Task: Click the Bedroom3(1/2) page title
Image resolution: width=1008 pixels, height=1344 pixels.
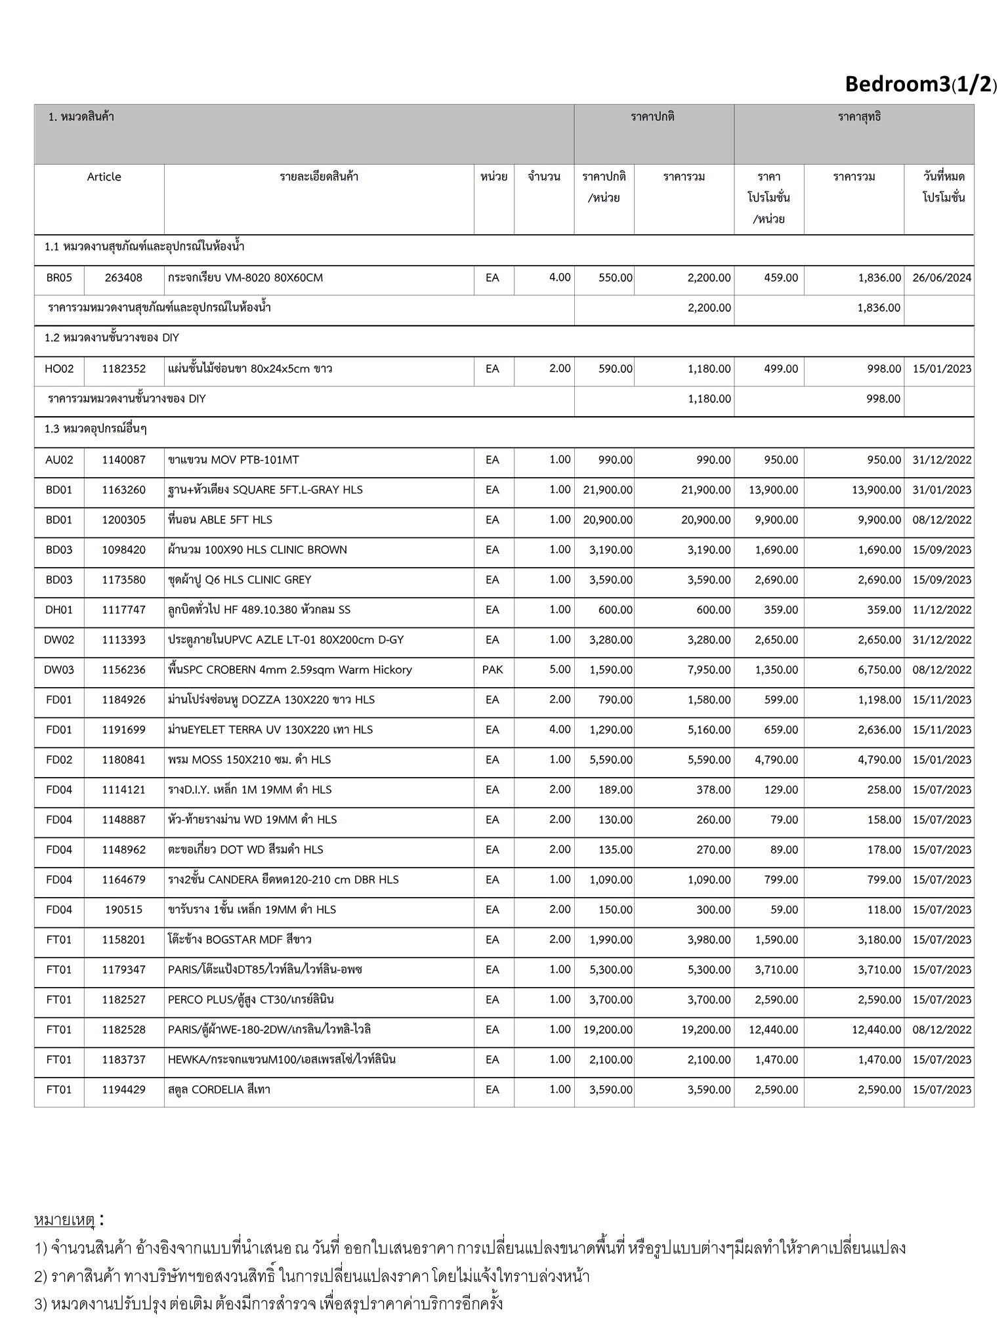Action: pos(920,84)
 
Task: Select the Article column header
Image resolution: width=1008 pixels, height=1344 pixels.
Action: pos(104,177)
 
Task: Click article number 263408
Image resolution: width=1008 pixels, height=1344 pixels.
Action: pos(123,278)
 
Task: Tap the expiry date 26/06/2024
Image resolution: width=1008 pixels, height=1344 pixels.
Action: pos(941,278)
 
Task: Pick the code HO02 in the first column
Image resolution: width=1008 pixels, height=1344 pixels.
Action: pos(59,369)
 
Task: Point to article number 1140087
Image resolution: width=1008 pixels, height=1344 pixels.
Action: pos(123,460)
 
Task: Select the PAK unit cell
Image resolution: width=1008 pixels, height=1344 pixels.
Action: pos(492,670)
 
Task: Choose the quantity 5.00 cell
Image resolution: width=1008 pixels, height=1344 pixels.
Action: pos(559,670)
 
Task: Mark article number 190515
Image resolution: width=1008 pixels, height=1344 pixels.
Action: pos(123,910)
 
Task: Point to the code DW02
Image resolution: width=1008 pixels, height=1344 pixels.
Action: pos(59,640)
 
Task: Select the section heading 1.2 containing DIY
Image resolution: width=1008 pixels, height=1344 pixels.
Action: pos(112,338)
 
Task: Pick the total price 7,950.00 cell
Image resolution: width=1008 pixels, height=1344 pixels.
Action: pos(709,670)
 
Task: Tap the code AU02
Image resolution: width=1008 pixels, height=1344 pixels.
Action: pos(59,460)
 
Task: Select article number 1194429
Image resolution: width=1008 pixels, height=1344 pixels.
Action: pos(123,1090)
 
